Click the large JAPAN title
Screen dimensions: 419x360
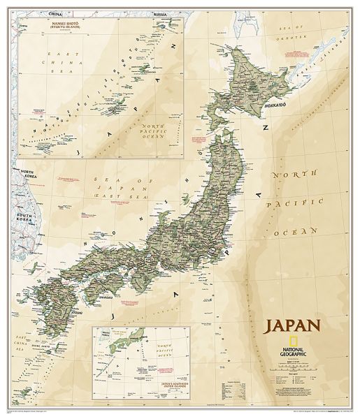pyautogui.click(x=291, y=325)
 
